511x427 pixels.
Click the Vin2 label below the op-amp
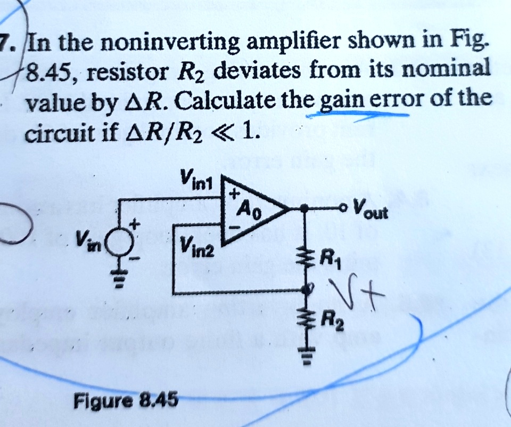(x=197, y=246)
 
